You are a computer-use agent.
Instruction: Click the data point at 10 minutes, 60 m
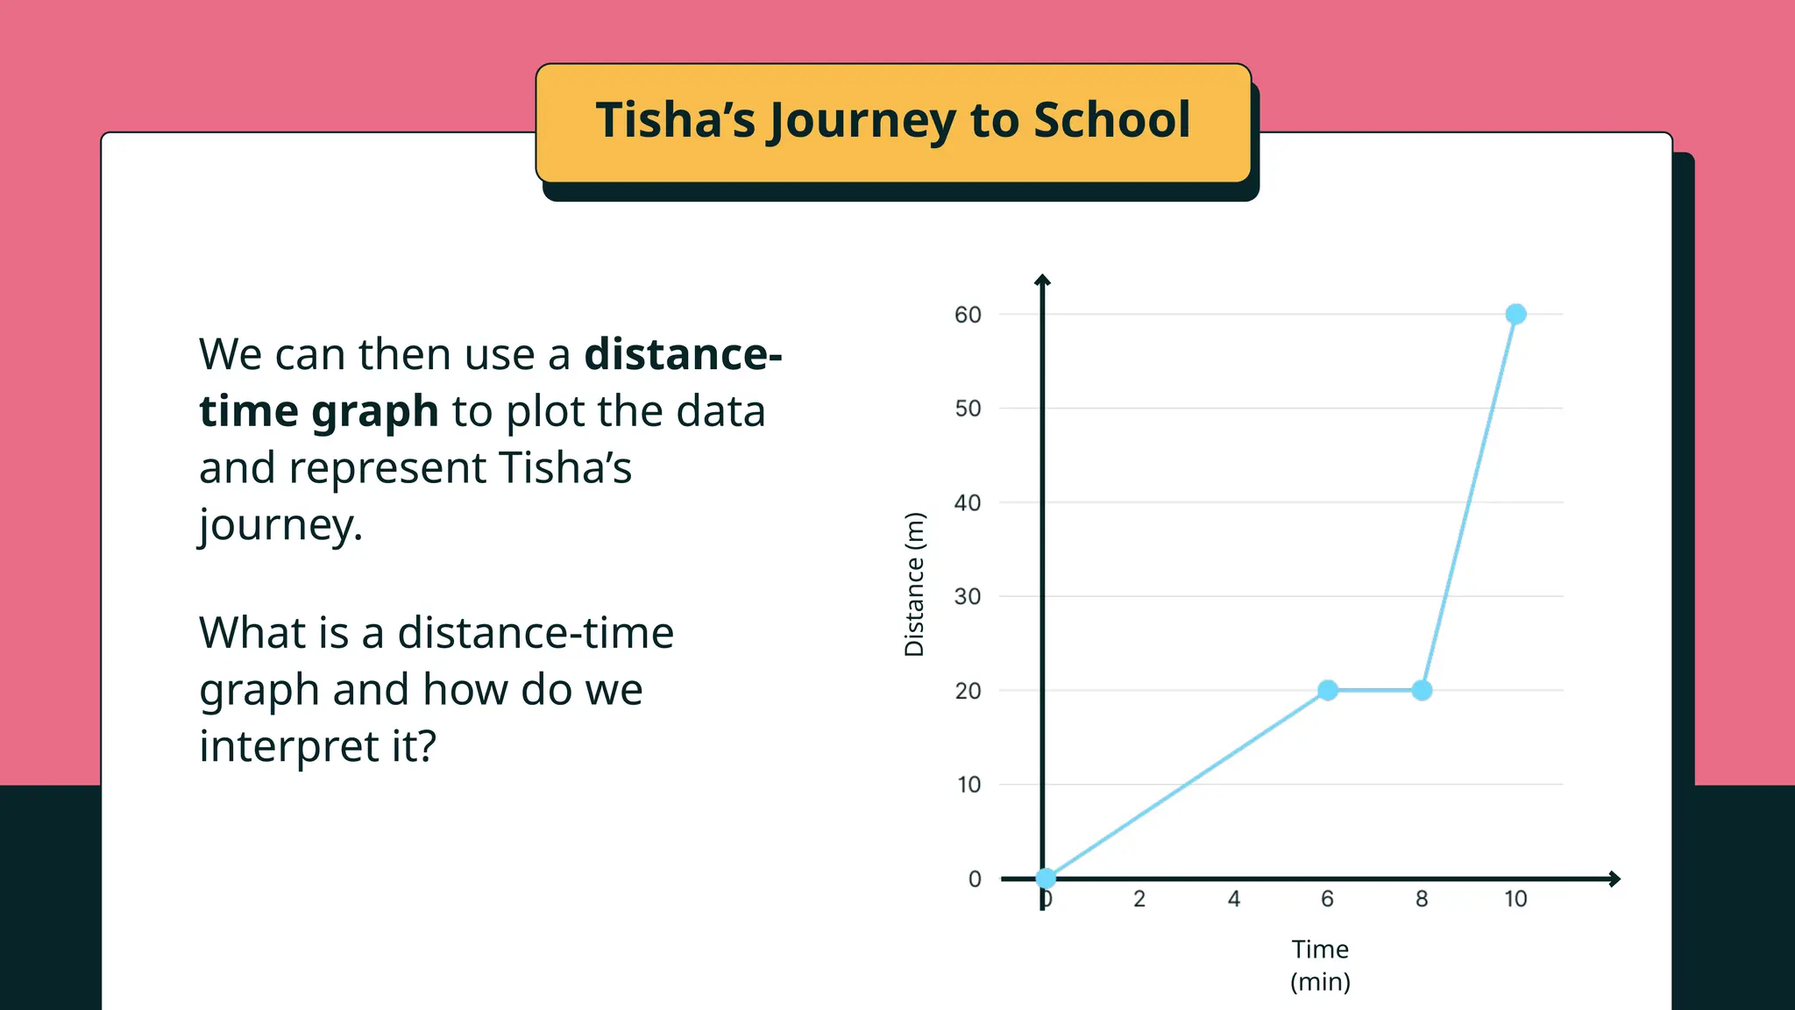[1515, 314]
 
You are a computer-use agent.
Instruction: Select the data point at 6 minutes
[1328, 691]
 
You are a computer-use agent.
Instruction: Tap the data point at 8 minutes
[1422, 691]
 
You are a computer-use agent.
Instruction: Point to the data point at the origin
[1046, 878]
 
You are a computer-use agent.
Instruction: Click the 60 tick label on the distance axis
[968, 315]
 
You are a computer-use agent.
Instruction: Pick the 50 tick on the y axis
[968, 409]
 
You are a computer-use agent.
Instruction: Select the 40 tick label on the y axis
[968, 503]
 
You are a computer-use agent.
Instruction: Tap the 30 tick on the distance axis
[968, 597]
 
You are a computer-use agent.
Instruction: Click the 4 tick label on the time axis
[1233, 899]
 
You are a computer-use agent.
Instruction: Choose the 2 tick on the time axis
[1139, 899]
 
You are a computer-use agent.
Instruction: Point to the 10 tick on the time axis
[1515, 899]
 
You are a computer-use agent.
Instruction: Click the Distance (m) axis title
[914, 585]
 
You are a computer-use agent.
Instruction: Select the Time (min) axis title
[1320, 965]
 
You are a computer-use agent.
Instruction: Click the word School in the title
[1111, 120]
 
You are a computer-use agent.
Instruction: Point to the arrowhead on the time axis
[1614, 878]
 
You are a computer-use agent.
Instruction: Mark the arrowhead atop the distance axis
[1042, 281]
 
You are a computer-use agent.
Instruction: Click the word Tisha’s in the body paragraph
[565, 468]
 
